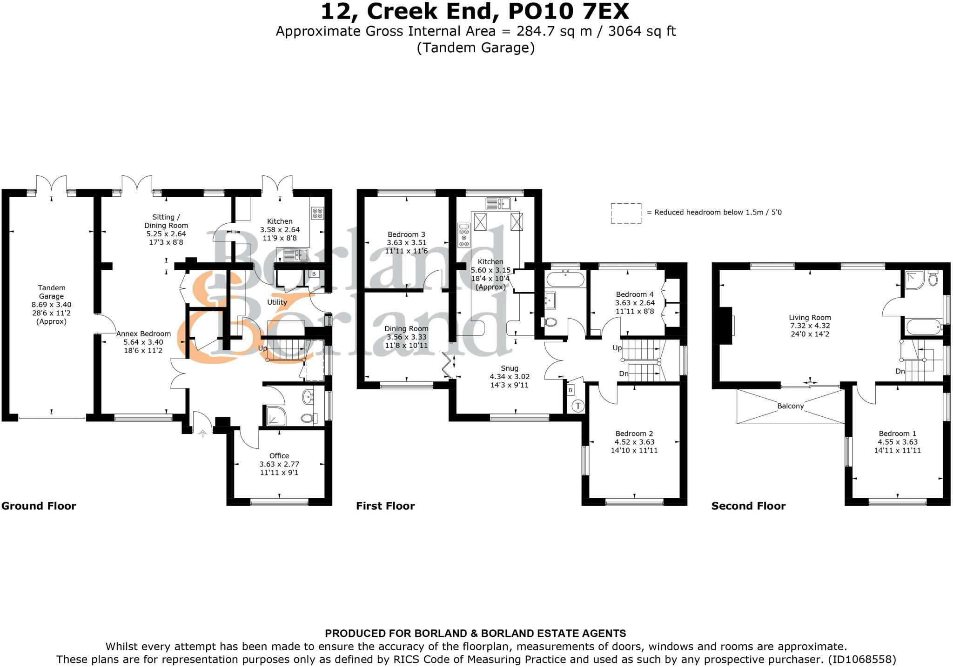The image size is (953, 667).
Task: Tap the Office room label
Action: [279, 456]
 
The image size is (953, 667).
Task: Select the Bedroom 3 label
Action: [406, 234]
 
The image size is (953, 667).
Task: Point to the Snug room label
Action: [510, 368]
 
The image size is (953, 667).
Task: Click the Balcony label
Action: [790, 406]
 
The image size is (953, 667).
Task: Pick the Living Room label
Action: [810, 318]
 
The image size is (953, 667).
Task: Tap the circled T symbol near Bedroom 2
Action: [578, 406]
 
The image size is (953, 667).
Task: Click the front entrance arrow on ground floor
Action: [202, 434]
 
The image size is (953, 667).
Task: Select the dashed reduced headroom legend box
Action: [626, 213]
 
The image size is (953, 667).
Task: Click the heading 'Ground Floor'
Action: [39, 506]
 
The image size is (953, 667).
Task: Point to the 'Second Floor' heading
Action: [748, 506]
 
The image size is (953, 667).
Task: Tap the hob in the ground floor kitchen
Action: [317, 213]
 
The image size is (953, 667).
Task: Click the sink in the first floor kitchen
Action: [498, 204]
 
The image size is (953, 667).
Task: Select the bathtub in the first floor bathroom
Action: [565, 279]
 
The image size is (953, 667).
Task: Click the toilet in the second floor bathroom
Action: [933, 279]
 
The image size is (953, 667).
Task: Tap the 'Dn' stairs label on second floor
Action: [900, 371]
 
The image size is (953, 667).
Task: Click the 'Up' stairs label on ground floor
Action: [262, 348]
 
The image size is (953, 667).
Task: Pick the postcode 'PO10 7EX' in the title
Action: [568, 11]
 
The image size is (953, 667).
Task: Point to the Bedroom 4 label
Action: [635, 294]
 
